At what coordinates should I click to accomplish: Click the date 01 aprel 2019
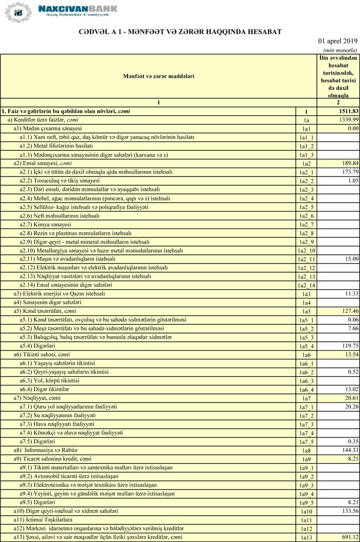338,41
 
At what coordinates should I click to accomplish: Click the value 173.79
349,172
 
